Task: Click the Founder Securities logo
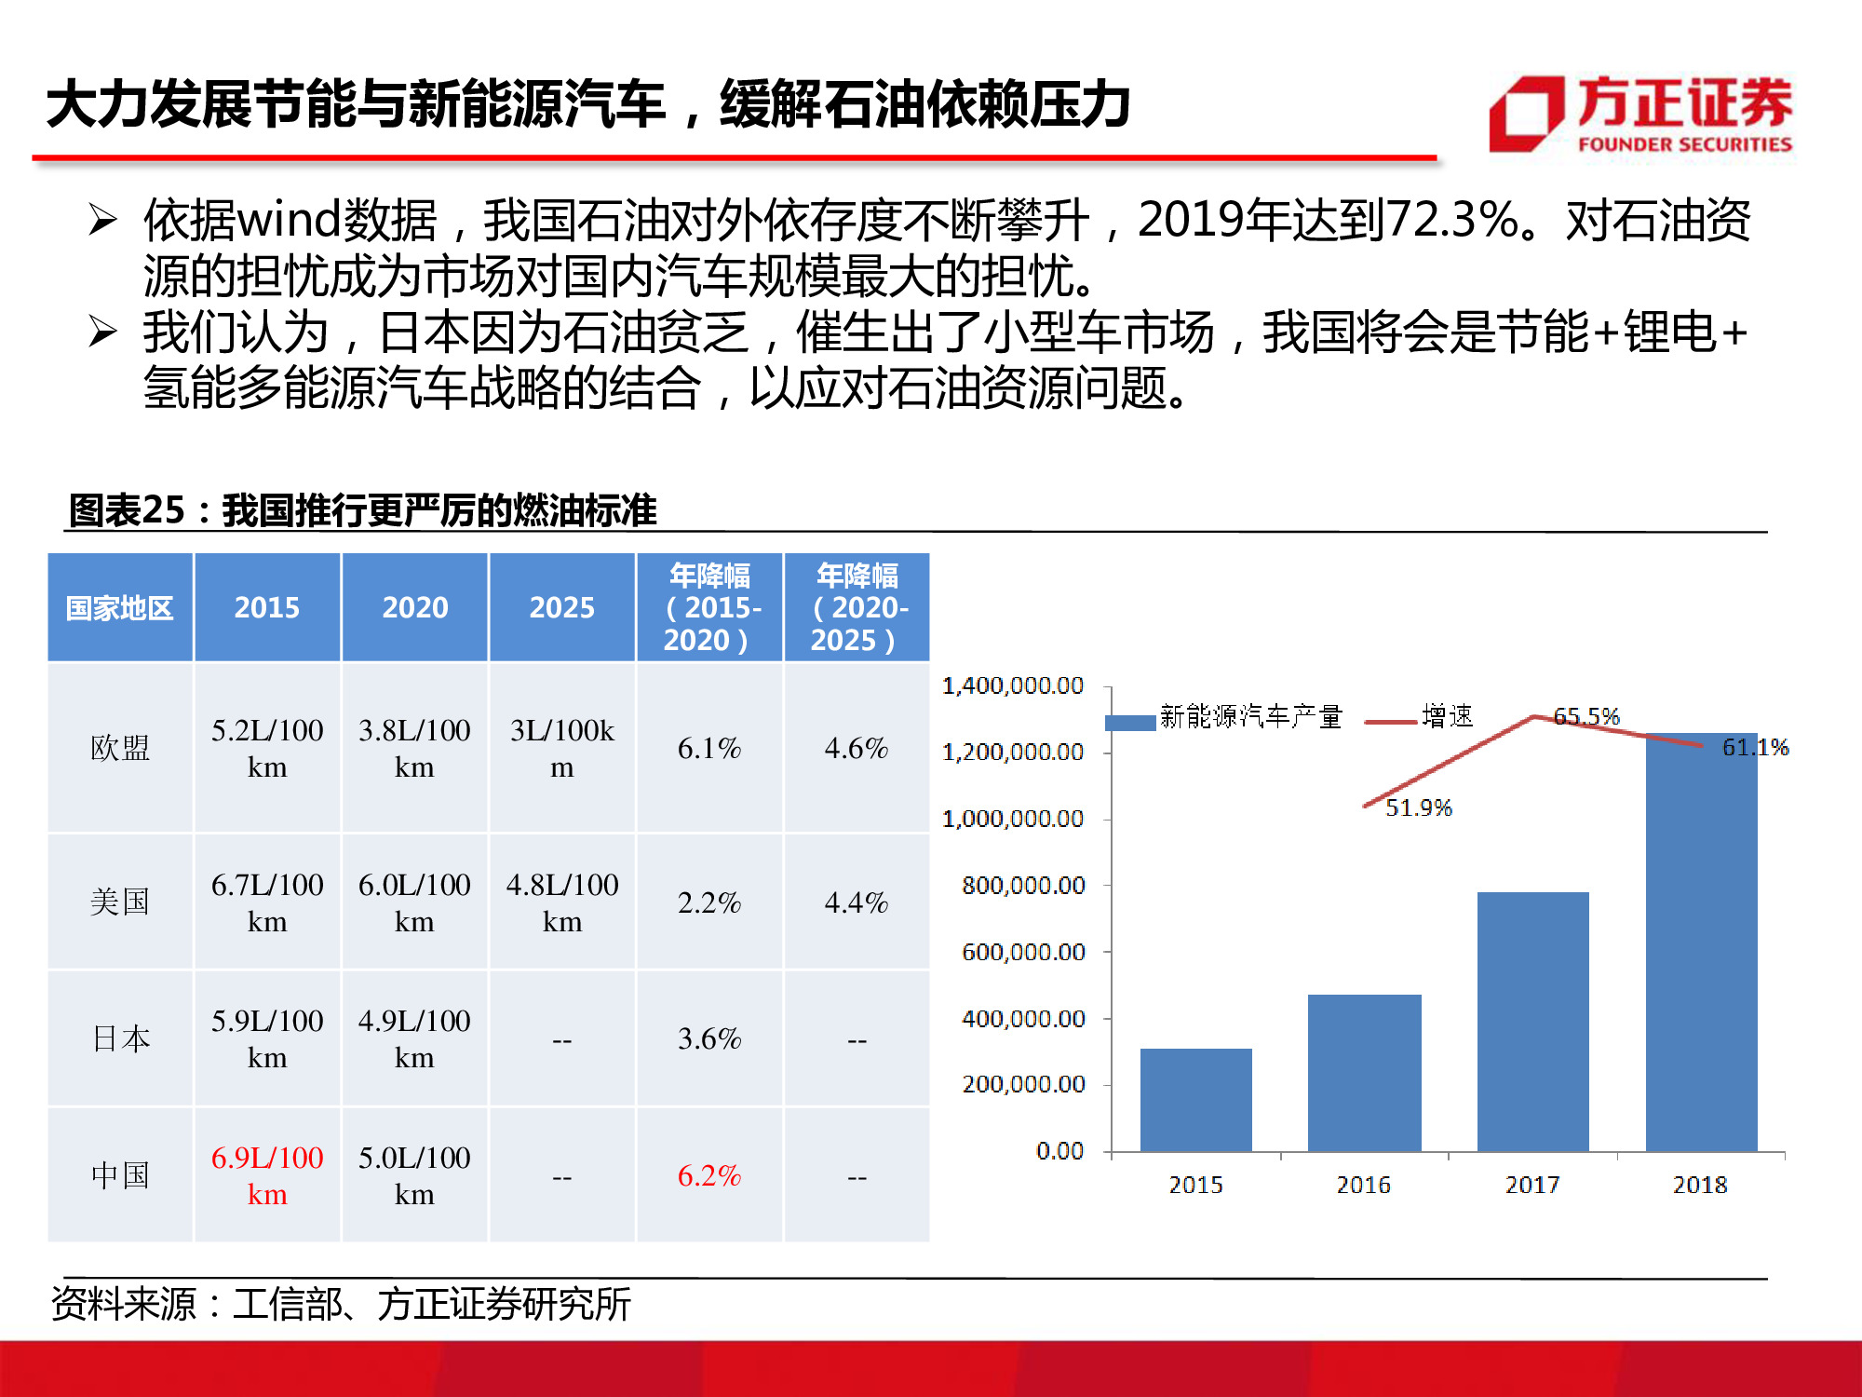pyautogui.click(x=1640, y=114)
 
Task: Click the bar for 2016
pyautogui.click(x=1364, y=1072)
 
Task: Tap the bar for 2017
pyautogui.click(x=1532, y=1021)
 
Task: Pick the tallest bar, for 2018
pyautogui.click(x=1701, y=941)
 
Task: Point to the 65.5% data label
pyautogui.click(x=1586, y=716)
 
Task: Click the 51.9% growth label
pyautogui.click(x=1418, y=807)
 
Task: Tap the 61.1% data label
pyautogui.click(x=1755, y=747)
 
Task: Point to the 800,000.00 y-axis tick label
pyautogui.click(x=1023, y=885)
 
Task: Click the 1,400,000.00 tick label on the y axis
pyautogui.click(x=1013, y=685)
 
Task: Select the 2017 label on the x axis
pyautogui.click(x=1532, y=1185)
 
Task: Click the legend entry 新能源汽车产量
pyautogui.click(x=1249, y=716)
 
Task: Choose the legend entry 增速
pyautogui.click(x=1447, y=716)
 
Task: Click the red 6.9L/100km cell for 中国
pyautogui.click(x=267, y=1175)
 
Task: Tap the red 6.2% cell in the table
pyautogui.click(x=709, y=1175)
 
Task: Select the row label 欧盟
pyautogui.click(x=120, y=748)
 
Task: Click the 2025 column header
pyautogui.click(x=561, y=607)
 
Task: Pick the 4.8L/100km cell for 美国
pyautogui.click(x=561, y=902)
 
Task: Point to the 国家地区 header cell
pyautogui.click(x=120, y=608)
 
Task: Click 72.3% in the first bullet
pyautogui.click(x=1452, y=221)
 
